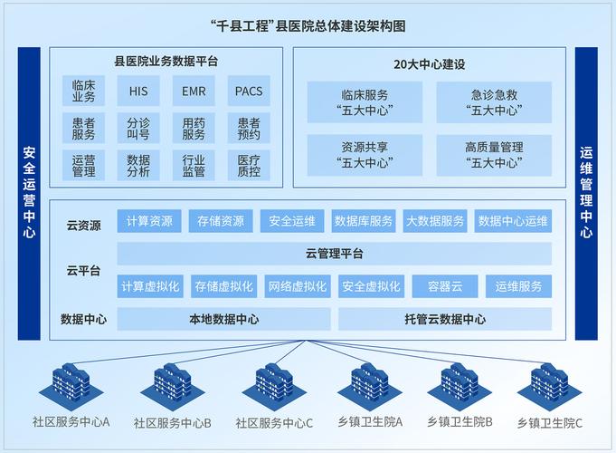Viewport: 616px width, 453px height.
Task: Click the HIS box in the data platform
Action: point(137,91)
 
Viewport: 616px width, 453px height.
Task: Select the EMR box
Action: point(193,91)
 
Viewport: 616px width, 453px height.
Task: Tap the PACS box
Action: point(248,91)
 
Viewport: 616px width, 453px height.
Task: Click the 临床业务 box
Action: point(83,91)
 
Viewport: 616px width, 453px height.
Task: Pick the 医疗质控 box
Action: point(248,165)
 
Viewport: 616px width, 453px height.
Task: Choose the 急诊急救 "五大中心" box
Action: point(494,102)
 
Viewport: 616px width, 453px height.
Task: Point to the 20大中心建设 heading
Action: point(429,63)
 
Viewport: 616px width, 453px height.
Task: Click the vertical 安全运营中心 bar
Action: point(29,193)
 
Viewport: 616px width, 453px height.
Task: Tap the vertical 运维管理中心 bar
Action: point(586,193)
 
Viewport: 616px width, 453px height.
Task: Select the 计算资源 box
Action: point(149,221)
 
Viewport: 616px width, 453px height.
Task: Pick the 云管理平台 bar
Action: point(334,254)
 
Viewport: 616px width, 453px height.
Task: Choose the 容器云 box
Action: point(444,286)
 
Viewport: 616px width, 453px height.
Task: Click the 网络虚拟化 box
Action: point(298,286)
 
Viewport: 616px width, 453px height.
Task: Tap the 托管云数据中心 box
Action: point(444,319)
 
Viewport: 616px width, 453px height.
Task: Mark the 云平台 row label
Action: point(82,270)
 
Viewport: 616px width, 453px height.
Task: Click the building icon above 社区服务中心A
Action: point(71,386)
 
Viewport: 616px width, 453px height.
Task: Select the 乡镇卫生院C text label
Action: point(550,423)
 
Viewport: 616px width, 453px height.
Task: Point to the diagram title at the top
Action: point(308,25)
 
